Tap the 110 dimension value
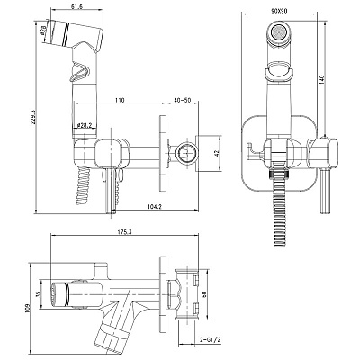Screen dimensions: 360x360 (120, 100)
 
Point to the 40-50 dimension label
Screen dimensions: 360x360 (183, 100)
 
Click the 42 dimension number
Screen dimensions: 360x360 (218, 153)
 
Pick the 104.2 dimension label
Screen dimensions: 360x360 (155, 206)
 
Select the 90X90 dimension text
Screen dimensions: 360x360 (279, 11)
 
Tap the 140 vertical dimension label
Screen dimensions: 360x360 (322, 79)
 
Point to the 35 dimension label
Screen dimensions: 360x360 (38, 294)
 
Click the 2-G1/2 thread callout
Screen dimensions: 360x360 (211, 340)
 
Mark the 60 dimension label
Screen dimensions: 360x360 (205, 293)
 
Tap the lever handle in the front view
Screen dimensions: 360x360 (326, 191)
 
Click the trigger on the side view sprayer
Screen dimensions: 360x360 (79, 71)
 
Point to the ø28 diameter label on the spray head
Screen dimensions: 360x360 (43, 31)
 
